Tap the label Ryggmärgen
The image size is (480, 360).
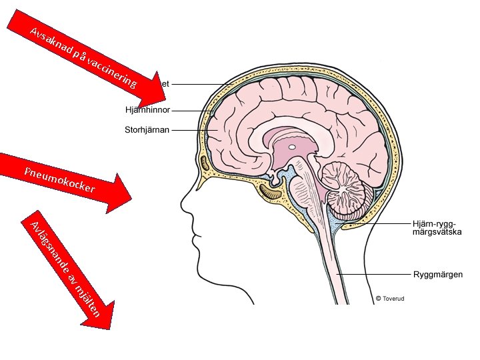coord(438,274)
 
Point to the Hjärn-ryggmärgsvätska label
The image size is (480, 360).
coord(437,229)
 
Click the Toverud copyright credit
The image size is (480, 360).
coord(390,299)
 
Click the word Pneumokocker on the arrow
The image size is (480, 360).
coord(59,180)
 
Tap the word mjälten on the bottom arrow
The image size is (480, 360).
coord(88,298)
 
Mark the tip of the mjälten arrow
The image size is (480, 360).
coord(109,328)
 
